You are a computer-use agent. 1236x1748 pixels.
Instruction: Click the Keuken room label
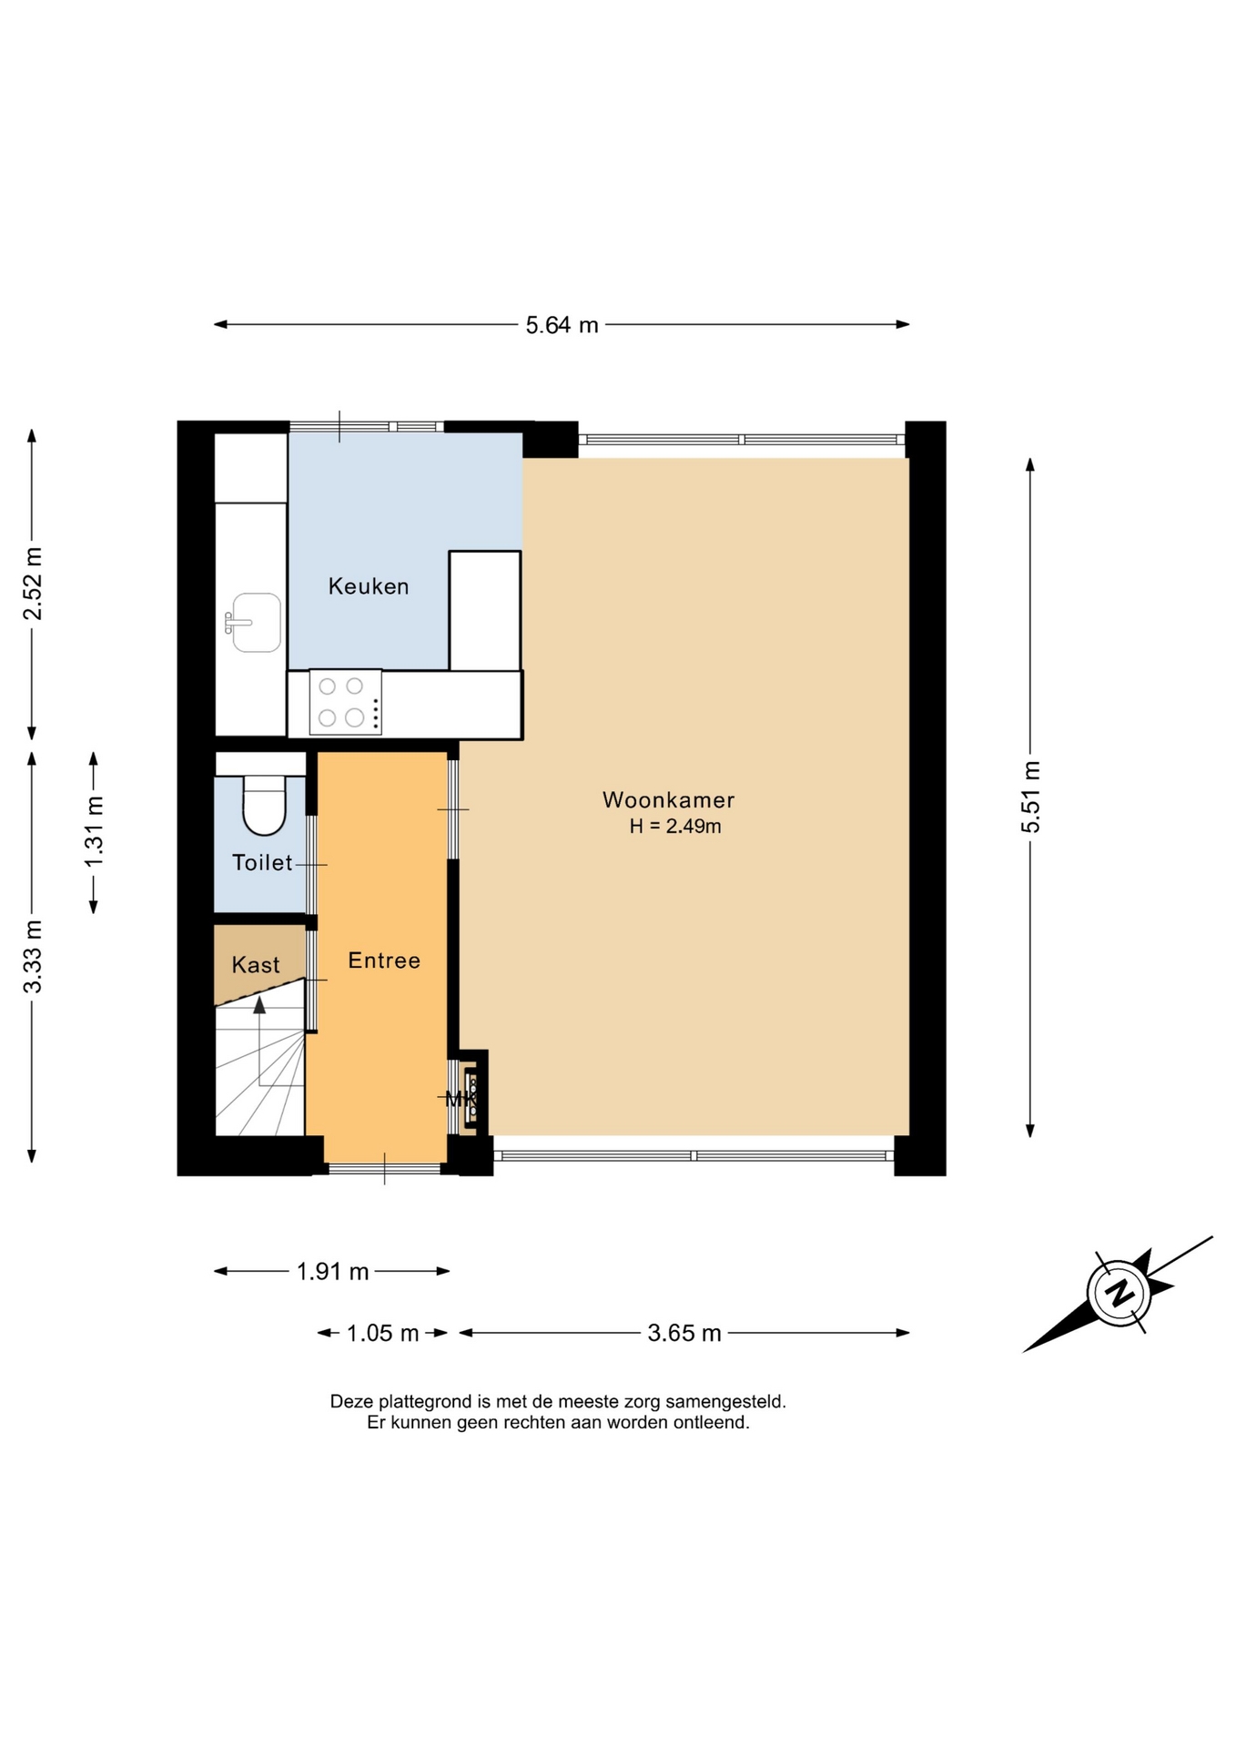(x=369, y=586)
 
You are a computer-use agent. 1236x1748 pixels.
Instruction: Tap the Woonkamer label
(x=669, y=800)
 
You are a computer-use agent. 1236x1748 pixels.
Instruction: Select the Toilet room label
(x=262, y=862)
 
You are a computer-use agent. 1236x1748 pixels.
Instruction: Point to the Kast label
(x=256, y=965)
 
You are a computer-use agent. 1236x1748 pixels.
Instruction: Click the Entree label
(x=384, y=960)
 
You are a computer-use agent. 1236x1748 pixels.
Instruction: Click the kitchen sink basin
(x=256, y=623)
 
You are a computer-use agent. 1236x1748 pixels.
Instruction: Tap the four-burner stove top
(x=345, y=702)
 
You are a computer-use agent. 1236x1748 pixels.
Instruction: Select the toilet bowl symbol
(x=264, y=805)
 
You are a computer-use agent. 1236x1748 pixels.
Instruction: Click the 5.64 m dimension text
(x=562, y=325)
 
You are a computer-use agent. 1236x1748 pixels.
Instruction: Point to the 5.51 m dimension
(x=1030, y=797)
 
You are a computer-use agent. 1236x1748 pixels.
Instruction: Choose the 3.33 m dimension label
(x=33, y=957)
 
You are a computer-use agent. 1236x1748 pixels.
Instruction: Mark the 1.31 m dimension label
(x=94, y=832)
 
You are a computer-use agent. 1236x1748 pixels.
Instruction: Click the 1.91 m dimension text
(x=332, y=1271)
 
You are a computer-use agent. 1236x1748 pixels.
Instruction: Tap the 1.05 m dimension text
(x=382, y=1333)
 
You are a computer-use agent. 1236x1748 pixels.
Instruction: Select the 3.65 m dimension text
(x=684, y=1333)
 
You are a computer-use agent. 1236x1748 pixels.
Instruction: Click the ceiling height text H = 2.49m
(x=675, y=827)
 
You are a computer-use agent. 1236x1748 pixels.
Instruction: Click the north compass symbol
(x=1119, y=1293)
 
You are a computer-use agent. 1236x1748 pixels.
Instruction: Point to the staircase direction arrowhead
(x=259, y=1004)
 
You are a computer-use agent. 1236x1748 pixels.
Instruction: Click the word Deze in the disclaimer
(x=351, y=1401)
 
